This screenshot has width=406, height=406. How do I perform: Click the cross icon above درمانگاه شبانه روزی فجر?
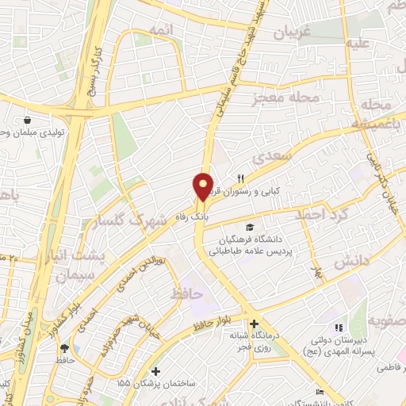254,324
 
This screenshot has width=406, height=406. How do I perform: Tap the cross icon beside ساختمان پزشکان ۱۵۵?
155,371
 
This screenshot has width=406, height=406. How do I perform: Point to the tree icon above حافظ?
64,347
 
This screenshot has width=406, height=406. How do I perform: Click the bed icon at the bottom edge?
320,393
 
